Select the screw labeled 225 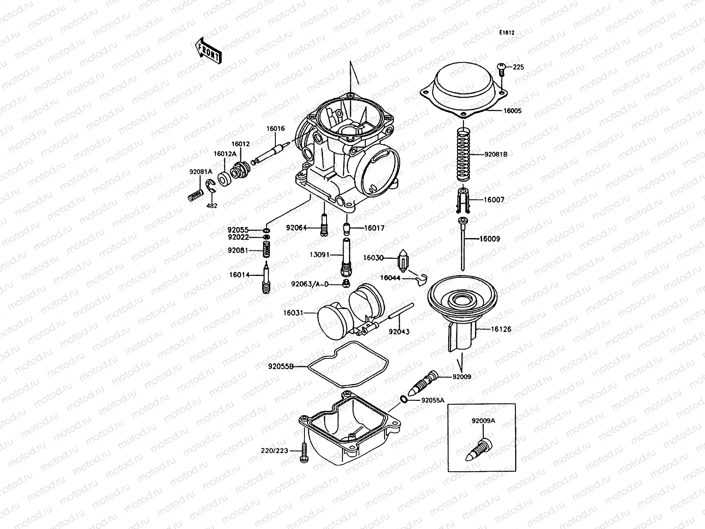[501, 67]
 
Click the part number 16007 [494, 200]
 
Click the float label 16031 [293, 313]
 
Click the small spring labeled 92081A [195, 194]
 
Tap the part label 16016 [275, 129]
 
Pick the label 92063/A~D [309, 284]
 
